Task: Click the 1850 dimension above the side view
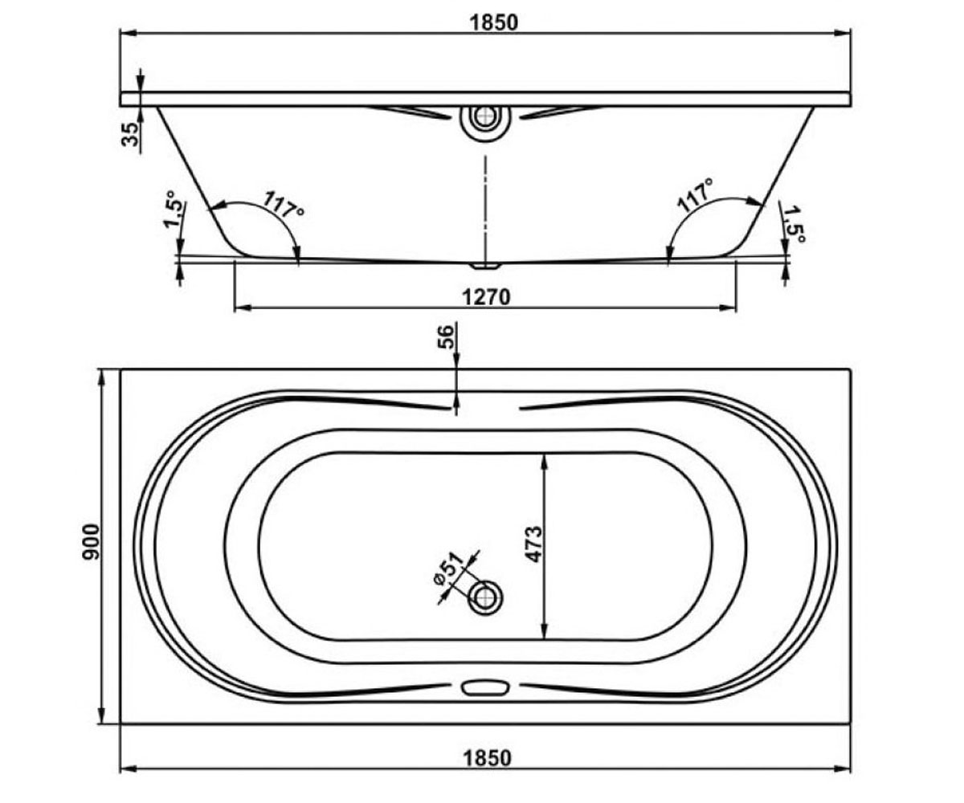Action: point(493,22)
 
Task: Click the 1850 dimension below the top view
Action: point(487,758)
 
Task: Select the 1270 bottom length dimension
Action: point(486,298)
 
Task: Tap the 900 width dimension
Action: point(91,542)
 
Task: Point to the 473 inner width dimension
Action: point(534,544)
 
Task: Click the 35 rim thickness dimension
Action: point(130,135)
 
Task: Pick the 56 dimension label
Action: point(446,337)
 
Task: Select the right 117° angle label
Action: point(696,195)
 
